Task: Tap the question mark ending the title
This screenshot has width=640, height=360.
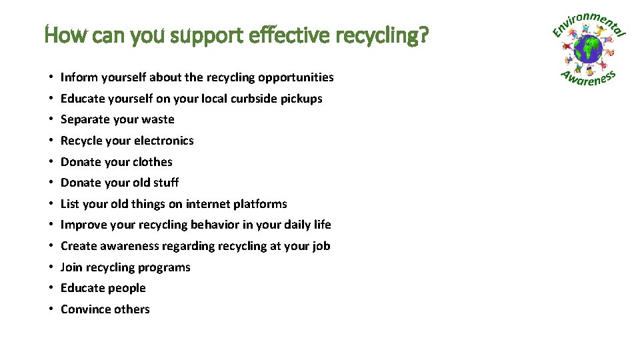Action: pos(423,34)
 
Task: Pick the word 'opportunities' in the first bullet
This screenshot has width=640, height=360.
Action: pos(296,78)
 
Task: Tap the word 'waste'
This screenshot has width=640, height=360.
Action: pos(159,120)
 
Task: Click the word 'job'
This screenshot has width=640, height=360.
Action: pos(321,247)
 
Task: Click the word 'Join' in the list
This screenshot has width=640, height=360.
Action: pos(71,267)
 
